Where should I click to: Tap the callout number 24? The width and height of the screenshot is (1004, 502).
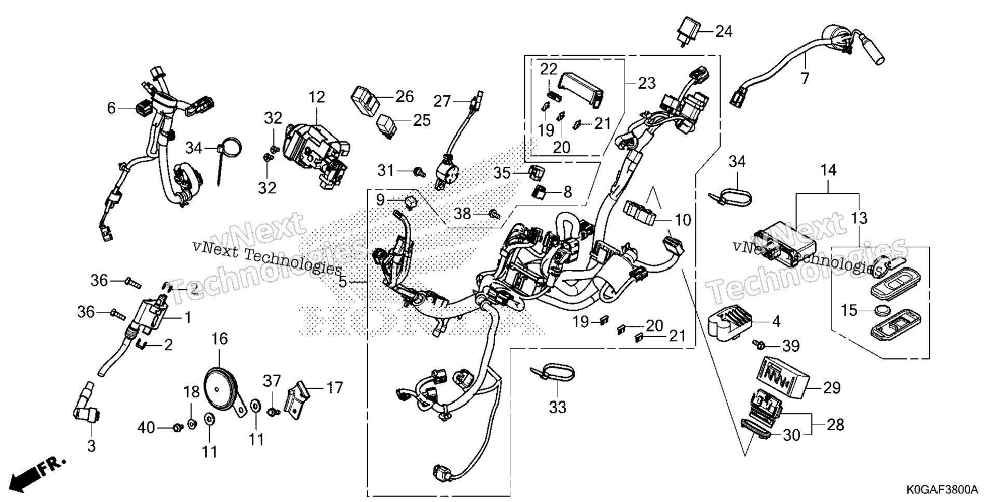[724, 32]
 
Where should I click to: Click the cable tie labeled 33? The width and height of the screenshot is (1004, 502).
[552, 373]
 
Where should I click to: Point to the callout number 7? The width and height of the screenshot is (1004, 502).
[805, 78]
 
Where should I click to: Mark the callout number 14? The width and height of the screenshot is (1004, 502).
[829, 170]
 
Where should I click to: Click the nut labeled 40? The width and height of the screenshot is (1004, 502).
[178, 428]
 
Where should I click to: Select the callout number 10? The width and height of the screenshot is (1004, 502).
[683, 220]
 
